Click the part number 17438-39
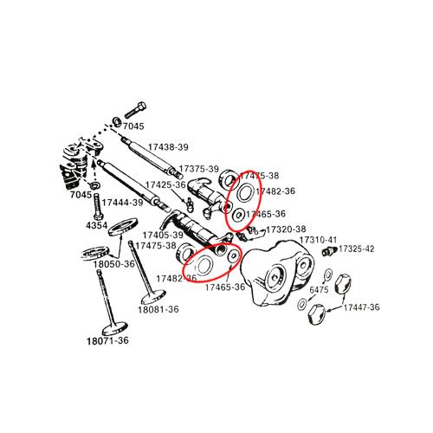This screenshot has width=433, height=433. pyautogui.click(x=168, y=147)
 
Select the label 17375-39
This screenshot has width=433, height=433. pyautogui.click(x=199, y=169)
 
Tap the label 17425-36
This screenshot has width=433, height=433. pyautogui.click(x=165, y=184)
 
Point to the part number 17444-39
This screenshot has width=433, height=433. pyautogui.click(x=122, y=203)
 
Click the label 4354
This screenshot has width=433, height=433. pyautogui.click(x=96, y=225)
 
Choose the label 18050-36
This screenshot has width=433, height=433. pyautogui.click(x=113, y=264)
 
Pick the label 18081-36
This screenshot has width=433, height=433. pyautogui.click(x=158, y=309)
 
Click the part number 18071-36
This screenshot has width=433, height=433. pyautogui.click(x=107, y=340)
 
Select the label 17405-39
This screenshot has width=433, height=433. pyautogui.click(x=163, y=235)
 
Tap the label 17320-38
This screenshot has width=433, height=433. pyautogui.click(x=286, y=229)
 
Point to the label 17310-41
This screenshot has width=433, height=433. pyautogui.click(x=318, y=240)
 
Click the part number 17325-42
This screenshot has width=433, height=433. pyautogui.click(x=356, y=249)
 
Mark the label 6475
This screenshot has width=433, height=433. pyautogui.click(x=319, y=289)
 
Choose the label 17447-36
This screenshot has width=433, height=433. pyautogui.click(x=361, y=307)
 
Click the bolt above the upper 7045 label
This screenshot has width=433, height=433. pyautogui.click(x=135, y=110)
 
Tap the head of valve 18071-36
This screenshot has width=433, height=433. pyautogui.click(x=115, y=328)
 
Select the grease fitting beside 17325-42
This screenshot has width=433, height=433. pyautogui.click(x=329, y=250)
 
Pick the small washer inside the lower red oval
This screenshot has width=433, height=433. pyautogui.click(x=233, y=256)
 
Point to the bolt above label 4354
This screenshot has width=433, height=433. pyautogui.click(x=97, y=206)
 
